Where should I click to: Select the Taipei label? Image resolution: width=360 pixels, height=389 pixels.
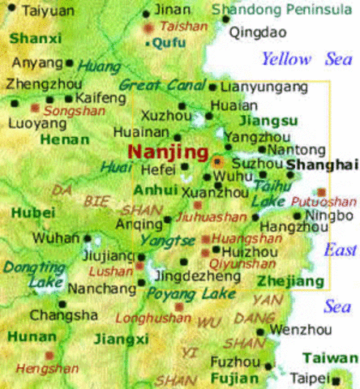click(306, 378)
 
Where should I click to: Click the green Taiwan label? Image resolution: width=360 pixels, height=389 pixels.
click(330, 358)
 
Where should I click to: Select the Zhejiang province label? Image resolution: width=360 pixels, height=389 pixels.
click(285, 280)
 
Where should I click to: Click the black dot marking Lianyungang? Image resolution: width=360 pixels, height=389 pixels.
click(212, 88)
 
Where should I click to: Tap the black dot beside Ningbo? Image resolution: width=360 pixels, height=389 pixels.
click(298, 216)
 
